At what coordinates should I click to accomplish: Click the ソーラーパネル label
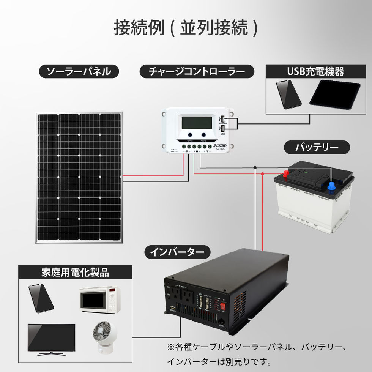coord(79,71)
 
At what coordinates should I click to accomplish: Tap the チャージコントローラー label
coord(197,71)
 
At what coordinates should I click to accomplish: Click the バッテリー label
coord(317,147)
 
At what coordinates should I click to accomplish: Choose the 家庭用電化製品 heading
coord(75,272)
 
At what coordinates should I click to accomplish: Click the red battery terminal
coord(285,175)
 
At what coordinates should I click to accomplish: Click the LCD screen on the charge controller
coord(197,123)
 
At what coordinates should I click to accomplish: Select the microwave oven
coord(100,299)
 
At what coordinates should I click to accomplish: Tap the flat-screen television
coord(51,339)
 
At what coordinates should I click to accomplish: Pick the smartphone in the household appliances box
coord(41,298)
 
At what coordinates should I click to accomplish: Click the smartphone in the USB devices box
coord(288,94)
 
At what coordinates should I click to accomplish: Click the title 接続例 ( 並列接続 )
coord(186,28)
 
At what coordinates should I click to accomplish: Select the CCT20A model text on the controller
coord(220,149)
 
